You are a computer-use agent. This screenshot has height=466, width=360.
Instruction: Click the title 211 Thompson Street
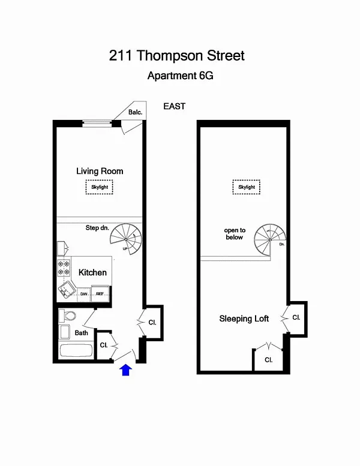click(x=177, y=56)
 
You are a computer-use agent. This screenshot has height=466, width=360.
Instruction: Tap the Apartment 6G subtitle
click(x=180, y=76)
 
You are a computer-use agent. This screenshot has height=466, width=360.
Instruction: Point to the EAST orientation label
click(x=175, y=107)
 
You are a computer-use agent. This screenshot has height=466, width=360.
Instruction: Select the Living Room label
click(x=100, y=171)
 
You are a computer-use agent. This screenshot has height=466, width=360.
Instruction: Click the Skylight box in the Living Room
click(x=98, y=187)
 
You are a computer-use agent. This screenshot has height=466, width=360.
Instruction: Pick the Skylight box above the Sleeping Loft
click(x=247, y=187)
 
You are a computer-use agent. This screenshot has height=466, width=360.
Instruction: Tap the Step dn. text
click(x=97, y=228)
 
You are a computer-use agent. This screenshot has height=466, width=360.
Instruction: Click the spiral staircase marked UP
click(x=126, y=239)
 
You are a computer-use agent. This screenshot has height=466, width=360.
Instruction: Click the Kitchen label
click(x=92, y=272)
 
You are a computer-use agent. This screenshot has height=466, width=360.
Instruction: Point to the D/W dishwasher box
click(x=84, y=294)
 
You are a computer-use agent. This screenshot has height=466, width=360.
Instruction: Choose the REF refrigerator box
click(x=100, y=294)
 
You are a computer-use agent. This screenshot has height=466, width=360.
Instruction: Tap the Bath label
click(x=82, y=333)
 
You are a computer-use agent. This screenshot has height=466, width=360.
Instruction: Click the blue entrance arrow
click(x=126, y=370)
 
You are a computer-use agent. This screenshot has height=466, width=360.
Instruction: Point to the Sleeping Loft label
click(x=244, y=318)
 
